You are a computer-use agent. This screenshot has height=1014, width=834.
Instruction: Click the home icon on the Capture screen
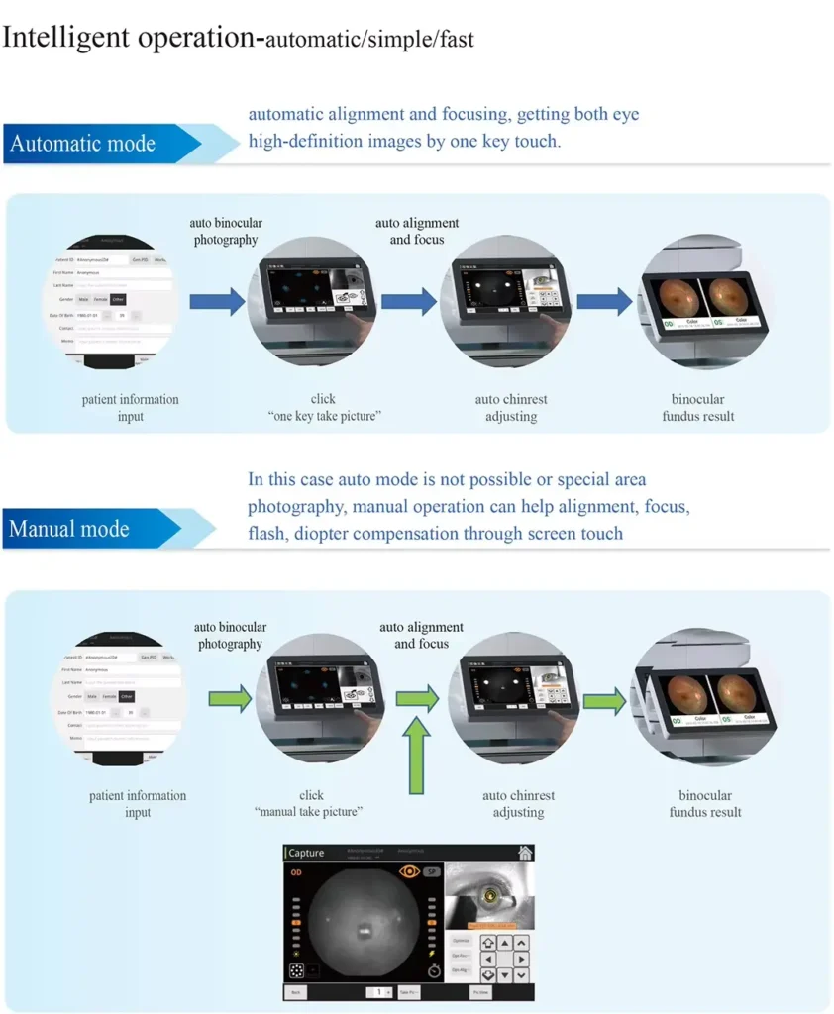(525, 853)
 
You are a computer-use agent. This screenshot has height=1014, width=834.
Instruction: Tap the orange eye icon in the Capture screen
(408, 871)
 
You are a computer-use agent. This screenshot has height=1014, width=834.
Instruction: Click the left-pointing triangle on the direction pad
(487, 960)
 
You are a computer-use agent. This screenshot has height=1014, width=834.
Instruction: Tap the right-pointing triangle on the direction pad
(522, 960)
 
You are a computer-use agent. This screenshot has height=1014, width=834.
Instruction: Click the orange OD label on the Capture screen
(296, 872)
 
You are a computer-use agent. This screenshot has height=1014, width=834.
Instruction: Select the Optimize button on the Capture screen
(461, 940)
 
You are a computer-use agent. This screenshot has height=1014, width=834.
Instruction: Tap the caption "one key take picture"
(323, 416)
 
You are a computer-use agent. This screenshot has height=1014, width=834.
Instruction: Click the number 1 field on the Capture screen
(377, 991)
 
